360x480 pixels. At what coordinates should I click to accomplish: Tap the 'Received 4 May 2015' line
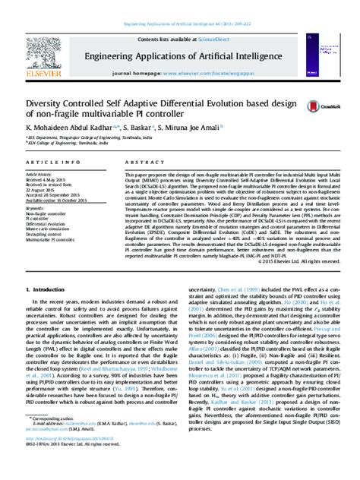point(49,179)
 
